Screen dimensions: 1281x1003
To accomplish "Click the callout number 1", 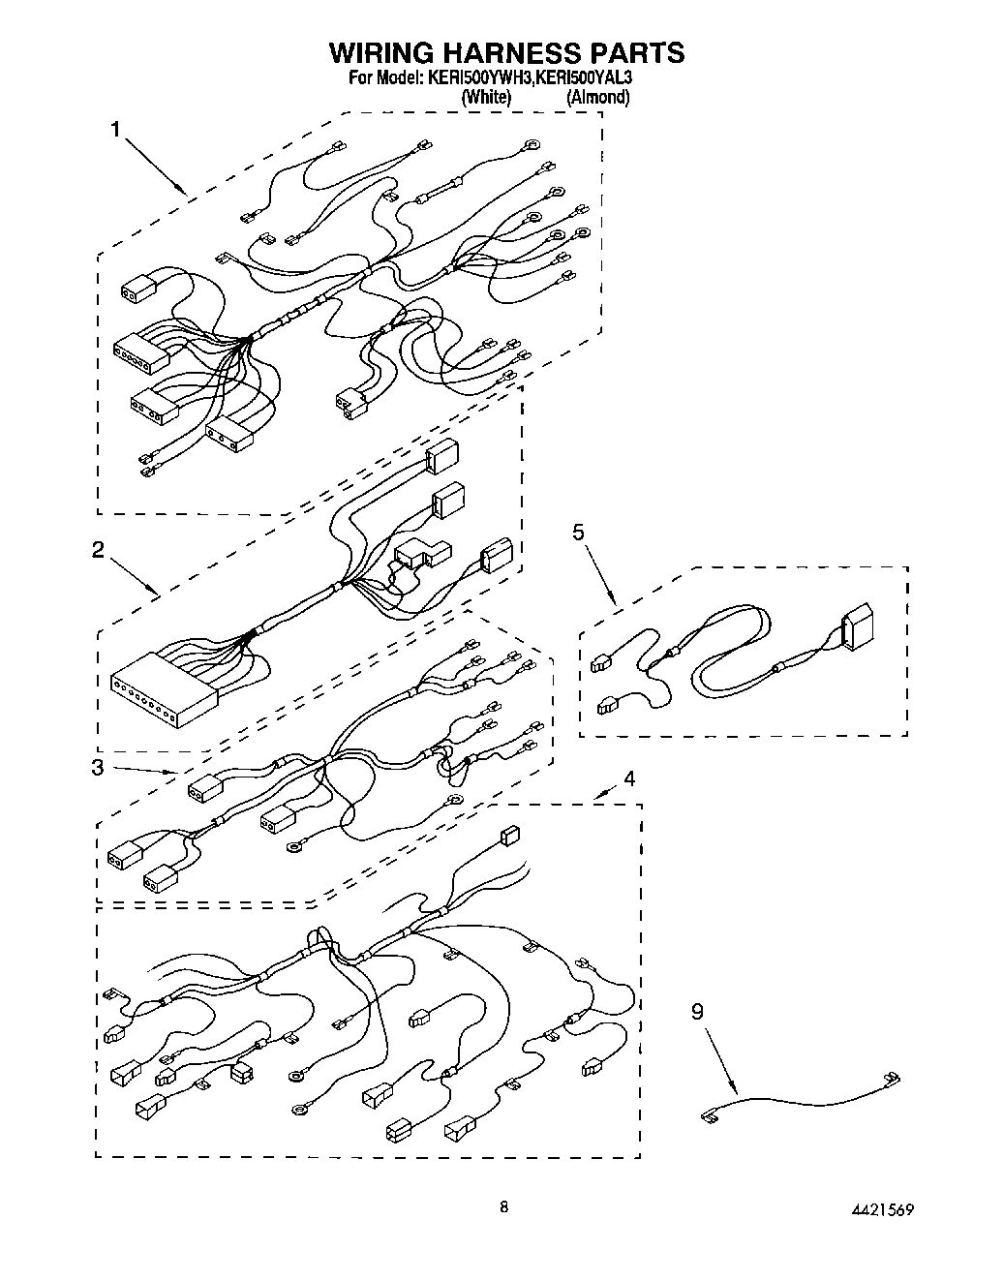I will [x=115, y=129].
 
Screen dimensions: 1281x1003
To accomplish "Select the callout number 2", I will [x=98, y=549].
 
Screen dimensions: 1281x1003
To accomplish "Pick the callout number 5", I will [x=578, y=532].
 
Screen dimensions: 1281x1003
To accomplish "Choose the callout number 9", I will [x=697, y=1012].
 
